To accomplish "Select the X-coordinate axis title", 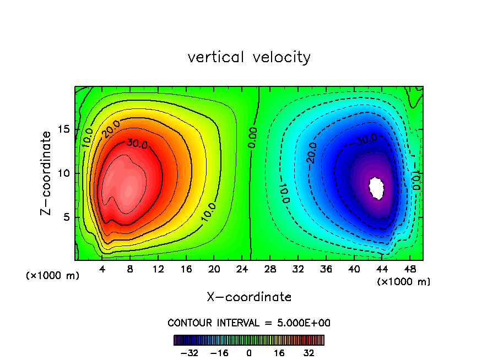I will [249, 297].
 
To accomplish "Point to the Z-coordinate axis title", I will [48, 173].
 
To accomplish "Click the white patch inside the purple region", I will [377, 188].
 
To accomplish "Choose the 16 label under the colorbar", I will [279, 353].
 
